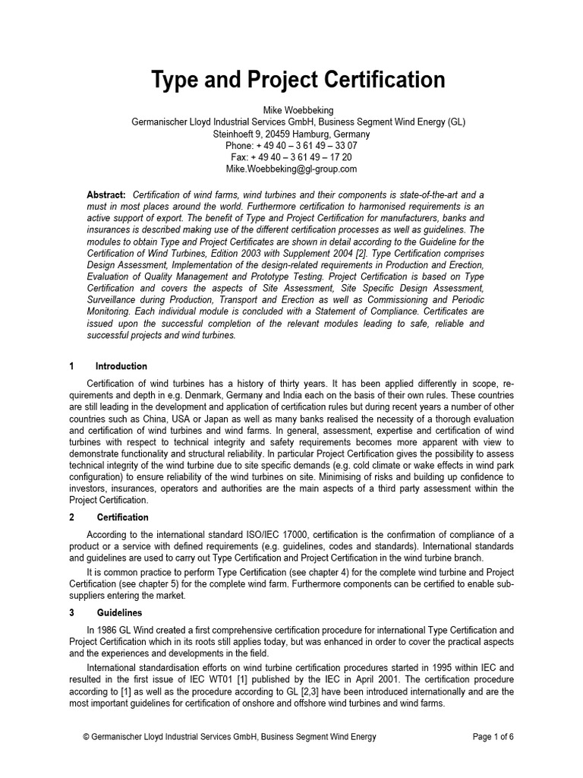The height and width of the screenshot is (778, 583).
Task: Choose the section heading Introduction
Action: [x=121, y=366]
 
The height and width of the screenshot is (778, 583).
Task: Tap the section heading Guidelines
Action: [x=119, y=612]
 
